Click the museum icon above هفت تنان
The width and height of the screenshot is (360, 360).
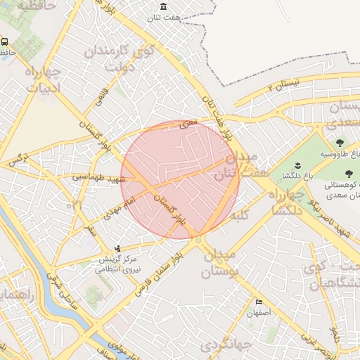164,7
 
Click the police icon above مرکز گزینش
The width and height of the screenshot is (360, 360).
118,248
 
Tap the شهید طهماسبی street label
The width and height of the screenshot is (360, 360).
98,179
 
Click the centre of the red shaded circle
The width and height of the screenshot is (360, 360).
180,180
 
